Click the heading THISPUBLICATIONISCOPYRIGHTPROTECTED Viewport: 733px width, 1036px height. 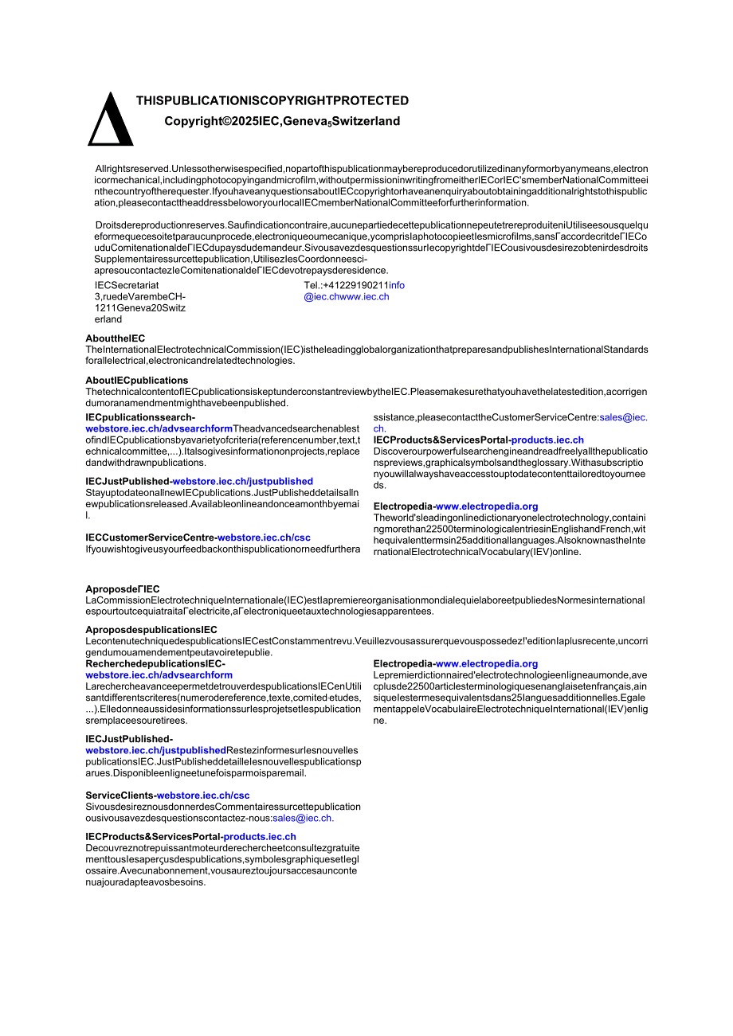click(x=272, y=101)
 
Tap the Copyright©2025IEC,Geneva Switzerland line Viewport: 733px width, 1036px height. click(x=282, y=122)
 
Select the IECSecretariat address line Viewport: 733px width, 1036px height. click(x=127, y=285)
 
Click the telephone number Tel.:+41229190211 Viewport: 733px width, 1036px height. click(x=345, y=285)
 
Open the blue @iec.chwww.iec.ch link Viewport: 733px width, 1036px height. click(x=347, y=297)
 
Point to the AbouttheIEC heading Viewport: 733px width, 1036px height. click(x=116, y=338)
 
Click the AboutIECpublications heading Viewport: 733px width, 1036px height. click(x=137, y=381)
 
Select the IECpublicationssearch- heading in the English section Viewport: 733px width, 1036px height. click(x=140, y=417)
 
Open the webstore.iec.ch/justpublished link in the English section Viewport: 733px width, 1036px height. click(x=243, y=482)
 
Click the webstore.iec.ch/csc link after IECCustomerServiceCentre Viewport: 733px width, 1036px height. click(x=264, y=538)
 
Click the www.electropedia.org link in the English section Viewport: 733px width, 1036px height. click(x=487, y=506)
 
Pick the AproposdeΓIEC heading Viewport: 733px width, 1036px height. click(x=123, y=589)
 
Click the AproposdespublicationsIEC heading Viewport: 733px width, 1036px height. click(x=151, y=630)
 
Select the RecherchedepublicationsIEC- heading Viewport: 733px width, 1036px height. click(x=155, y=664)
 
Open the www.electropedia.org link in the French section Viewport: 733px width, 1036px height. click(x=487, y=664)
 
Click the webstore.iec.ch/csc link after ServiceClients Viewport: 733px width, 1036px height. click(x=203, y=796)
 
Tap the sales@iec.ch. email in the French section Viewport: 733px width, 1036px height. click(x=304, y=818)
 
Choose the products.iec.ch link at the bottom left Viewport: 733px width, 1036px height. click(x=260, y=837)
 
